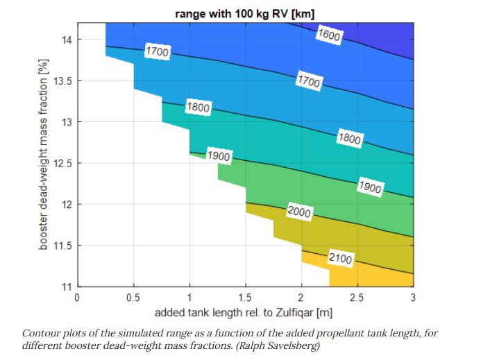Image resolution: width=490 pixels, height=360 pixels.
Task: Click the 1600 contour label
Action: click(328, 35)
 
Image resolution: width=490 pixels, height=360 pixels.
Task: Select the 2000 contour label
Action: click(299, 212)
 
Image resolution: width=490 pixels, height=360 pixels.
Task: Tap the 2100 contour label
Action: click(340, 259)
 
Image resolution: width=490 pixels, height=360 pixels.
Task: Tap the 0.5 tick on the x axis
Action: click(133, 298)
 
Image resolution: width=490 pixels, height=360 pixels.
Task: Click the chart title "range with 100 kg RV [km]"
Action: click(245, 12)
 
